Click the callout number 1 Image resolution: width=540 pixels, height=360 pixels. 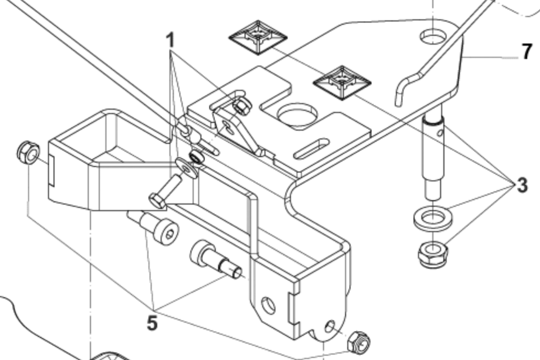coord(170,40)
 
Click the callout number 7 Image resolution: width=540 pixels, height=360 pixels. coord(527,51)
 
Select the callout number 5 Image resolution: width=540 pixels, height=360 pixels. coord(152,323)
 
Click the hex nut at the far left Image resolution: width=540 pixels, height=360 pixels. coord(29,153)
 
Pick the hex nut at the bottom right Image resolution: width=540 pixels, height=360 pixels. coord(359,343)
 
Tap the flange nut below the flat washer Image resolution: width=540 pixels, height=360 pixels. coord(433,254)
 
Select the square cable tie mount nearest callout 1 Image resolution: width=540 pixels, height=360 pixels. coord(258,38)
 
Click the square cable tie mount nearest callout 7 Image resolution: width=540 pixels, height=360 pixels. coord(342,83)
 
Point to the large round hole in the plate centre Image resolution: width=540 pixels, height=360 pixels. coord(297,116)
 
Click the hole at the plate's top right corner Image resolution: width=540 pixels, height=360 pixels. coord(433,36)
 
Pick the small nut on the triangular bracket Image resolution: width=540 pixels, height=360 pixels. coord(242,106)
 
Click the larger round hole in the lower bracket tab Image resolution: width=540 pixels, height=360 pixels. coord(268,306)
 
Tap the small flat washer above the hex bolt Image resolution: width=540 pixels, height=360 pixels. coord(187,168)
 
